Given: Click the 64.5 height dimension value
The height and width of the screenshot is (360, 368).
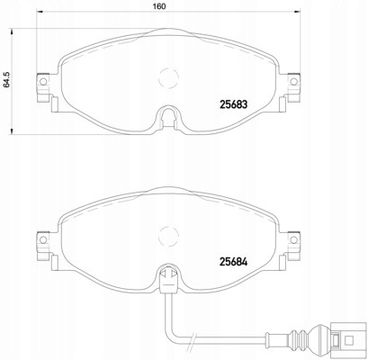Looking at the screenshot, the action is [6, 81].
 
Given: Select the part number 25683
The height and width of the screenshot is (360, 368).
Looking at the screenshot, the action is [234, 104].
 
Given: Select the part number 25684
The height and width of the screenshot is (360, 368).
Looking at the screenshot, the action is [234, 262].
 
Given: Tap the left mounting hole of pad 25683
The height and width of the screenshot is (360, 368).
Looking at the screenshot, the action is [43, 81].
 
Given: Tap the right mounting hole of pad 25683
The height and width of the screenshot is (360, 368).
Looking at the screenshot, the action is [294, 81].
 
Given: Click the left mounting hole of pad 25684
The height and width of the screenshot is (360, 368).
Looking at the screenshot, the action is [43, 239].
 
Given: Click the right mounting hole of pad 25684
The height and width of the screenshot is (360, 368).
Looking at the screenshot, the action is [294, 239].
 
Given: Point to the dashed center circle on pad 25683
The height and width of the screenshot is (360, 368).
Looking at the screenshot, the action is [168, 78].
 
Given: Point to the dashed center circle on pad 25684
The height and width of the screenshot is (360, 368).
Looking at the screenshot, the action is [168, 236].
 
